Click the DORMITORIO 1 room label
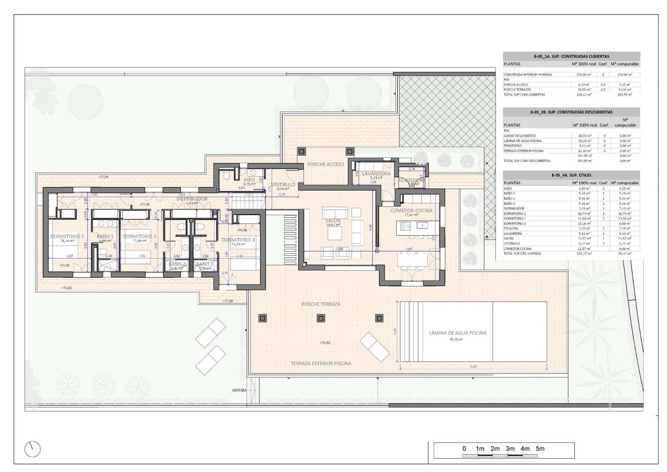[x=67, y=236]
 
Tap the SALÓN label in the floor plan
[x=333, y=220]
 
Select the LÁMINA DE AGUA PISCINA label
[x=458, y=333]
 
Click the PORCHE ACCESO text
[x=326, y=164]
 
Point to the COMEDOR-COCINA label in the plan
[x=411, y=210]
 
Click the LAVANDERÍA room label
[x=376, y=174]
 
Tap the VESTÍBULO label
[x=283, y=184]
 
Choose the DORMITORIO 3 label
[x=238, y=240]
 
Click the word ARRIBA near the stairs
[x=239, y=390]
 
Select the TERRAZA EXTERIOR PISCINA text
[x=321, y=363]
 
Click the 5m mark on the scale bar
[x=540, y=449]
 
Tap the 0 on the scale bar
[x=464, y=449]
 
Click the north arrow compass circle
[x=33, y=449]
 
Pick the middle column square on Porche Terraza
[x=321, y=318]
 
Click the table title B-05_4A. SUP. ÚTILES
[x=571, y=175]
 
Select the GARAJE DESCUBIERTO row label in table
[x=519, y=136]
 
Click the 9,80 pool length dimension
[x=473, y=366]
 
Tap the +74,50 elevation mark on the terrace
[x=325, y=343]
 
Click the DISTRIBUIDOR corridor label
[x=192, y=199]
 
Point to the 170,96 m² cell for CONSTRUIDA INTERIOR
[x=584, y=75]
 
